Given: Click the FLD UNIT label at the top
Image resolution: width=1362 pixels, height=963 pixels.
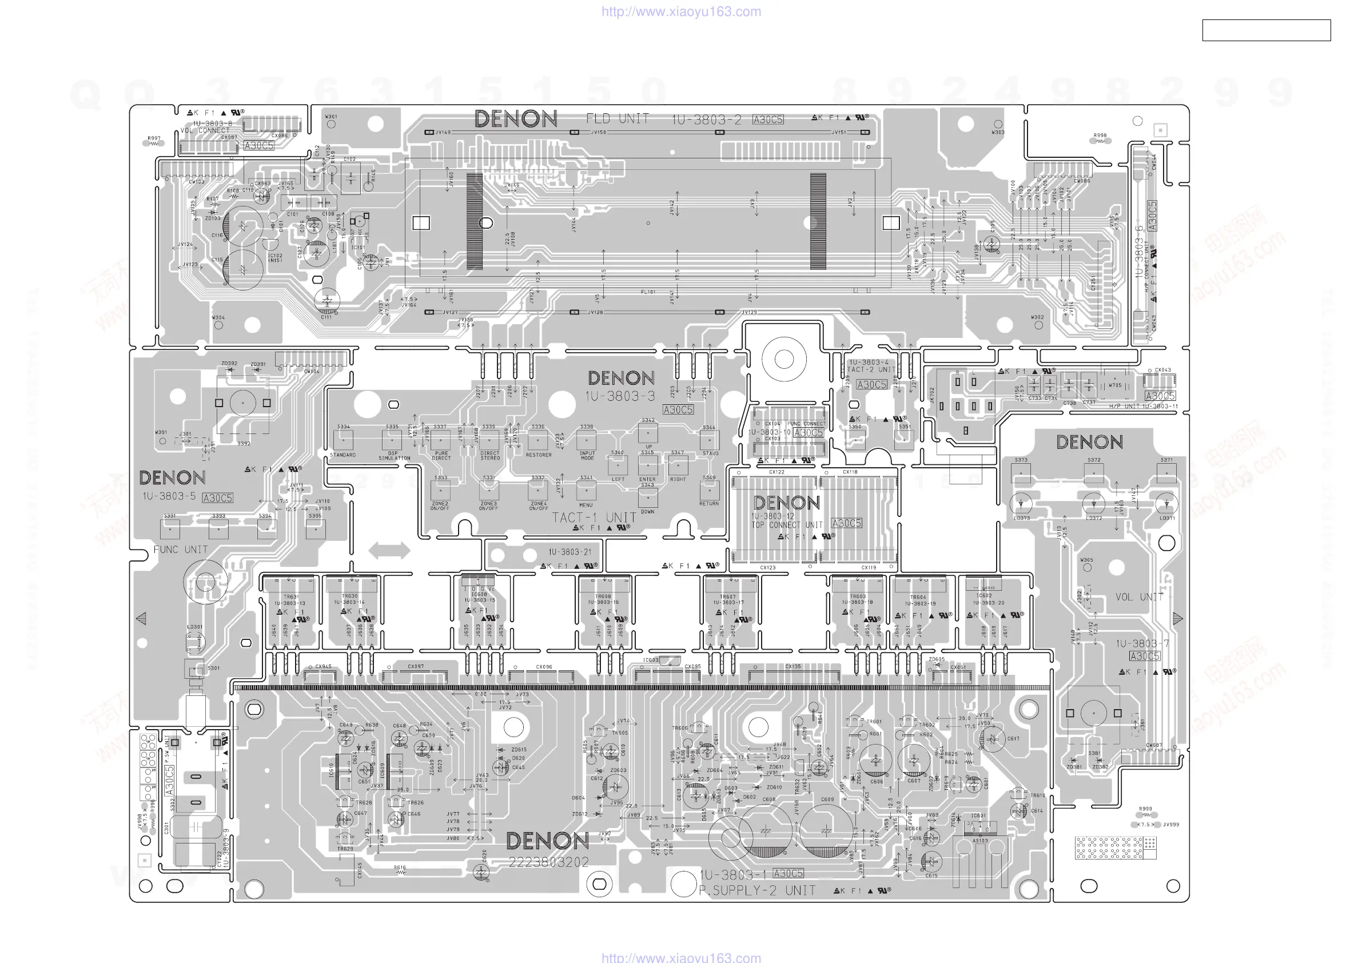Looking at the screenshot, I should pyautogui.click(x=618, y=119).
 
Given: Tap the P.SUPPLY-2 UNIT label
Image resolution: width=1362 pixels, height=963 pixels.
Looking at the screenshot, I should pyautogui.click(x=757, y=890).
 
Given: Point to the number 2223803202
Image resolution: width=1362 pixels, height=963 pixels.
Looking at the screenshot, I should pyautogui.click(x=548, y=862).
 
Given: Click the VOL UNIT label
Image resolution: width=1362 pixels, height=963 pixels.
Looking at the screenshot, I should pyautogui.click(x=1139, y=597).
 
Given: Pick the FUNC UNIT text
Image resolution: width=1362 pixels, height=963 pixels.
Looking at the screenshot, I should pyautogui.click(x=180, y=550).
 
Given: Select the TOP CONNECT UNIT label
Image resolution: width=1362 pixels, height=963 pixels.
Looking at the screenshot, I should pyautogui.click(x=787, y=525).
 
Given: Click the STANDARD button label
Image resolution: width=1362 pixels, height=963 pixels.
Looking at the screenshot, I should pyautogui.click(x=343, y=455).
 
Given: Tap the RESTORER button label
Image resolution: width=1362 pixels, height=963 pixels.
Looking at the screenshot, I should pyautogui.click(x=539, y=455).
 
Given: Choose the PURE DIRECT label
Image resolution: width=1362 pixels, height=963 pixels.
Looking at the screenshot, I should pyautogui.click(x=441, y=456).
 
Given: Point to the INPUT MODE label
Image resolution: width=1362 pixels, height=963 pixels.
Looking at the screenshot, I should pyautogui.click(x=587, y=456).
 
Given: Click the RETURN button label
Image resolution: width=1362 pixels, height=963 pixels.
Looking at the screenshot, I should pyautogui.click(x=709, y=504).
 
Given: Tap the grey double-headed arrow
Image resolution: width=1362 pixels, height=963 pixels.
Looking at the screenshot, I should pyautogui.click(x=389, y=550).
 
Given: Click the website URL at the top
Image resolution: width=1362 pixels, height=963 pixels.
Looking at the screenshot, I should pyautogui.click(x=681, y=11).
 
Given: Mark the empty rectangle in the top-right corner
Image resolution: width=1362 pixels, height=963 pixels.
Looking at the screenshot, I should pyautogui.click(x=1266, y=30).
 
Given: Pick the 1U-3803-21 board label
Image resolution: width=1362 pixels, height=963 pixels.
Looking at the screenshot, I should pyautogui.click(x=570, y=552).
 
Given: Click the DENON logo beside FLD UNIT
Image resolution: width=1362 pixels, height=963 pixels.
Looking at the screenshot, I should pyautogui.click(x=516, y=119).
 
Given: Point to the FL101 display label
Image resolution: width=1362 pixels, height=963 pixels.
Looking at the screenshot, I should pyautogui.click(x=648, y=292).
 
